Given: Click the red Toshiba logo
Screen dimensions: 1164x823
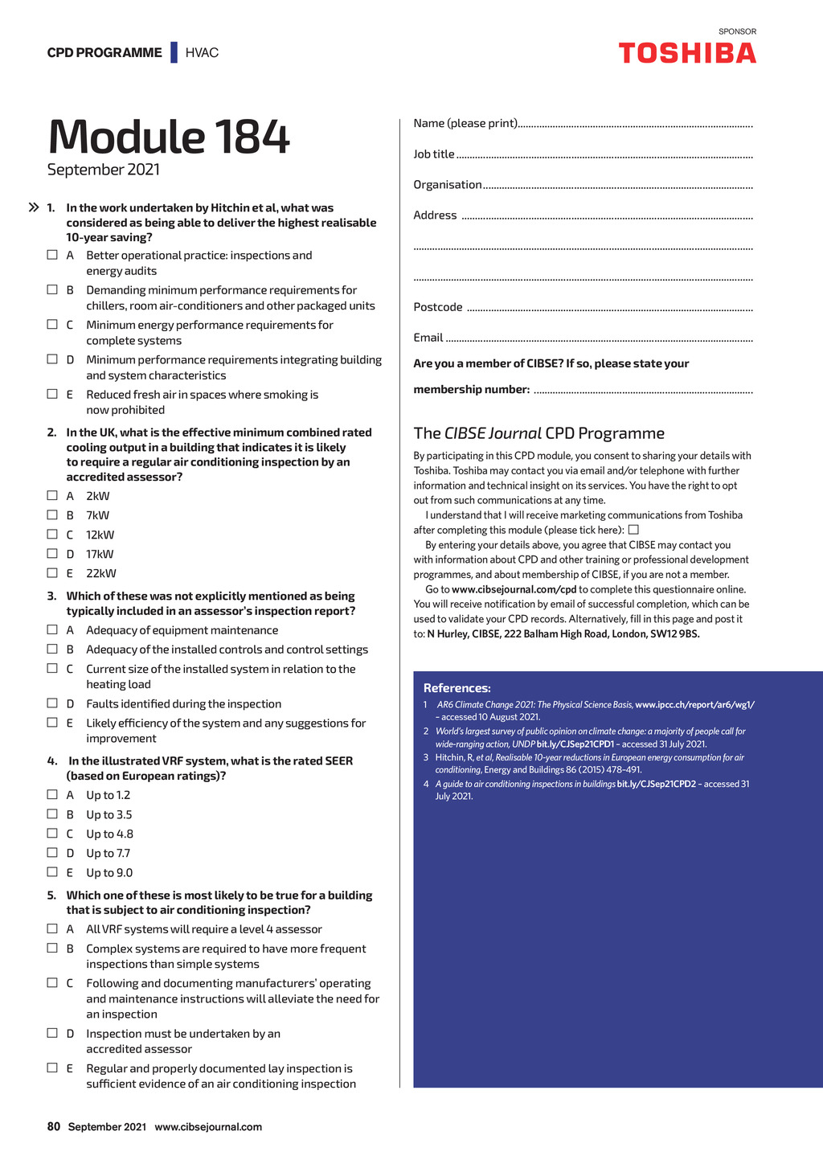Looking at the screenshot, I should point(687,53).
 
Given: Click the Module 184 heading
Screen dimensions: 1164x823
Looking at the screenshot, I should point(169,137).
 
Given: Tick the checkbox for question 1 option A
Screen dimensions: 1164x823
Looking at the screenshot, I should point(52,255).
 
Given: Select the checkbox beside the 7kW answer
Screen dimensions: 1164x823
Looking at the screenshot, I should point(52,515).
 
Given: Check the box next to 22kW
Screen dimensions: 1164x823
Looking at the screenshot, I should point(52,573).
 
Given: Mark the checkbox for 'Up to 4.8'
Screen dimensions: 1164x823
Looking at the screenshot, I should point(52,834).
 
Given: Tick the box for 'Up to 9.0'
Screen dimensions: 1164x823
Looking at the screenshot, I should point(52,872).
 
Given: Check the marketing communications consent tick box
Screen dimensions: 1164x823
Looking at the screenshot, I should point(633,530).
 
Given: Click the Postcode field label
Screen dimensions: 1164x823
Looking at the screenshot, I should point(438,307).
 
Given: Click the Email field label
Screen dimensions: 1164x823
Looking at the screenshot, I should point(428,338).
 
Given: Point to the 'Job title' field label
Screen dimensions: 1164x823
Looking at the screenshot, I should point(434,154).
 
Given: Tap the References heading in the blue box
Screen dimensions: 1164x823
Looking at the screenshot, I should point(457,688).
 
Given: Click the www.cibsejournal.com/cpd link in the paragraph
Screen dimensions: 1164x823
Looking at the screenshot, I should point(514,589).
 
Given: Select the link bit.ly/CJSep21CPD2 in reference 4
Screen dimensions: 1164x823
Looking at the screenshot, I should point(656,784).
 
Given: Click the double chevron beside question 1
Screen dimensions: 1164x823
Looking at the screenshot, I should point(34,207).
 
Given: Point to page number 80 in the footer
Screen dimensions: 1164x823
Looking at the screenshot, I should point(54,1126).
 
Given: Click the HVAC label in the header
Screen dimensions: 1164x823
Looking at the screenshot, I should point(202,53).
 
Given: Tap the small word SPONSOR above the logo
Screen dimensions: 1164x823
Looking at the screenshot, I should point(737,32).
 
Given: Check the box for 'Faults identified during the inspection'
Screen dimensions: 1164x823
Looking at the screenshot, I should point(52,703).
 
